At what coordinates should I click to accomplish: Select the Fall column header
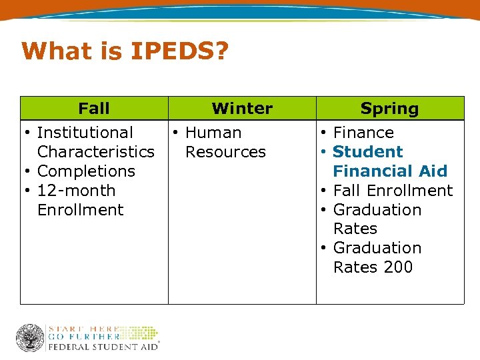[x=94, y=108]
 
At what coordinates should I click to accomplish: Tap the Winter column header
[x=242, y=108]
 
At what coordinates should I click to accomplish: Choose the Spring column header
[x=389, y=108]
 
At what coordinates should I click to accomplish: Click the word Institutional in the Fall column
[x=85, y=133]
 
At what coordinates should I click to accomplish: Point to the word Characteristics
[x=96, y=152]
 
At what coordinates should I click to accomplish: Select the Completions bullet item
[x=86, y=171]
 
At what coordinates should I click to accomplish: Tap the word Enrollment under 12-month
[x=81, y=210]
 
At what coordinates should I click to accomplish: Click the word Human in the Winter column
[x=213, y=133]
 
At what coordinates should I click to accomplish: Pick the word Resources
[x=225, y=152]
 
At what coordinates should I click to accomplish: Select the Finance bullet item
[x=363, y=133]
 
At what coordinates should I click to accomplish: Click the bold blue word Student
[x=368, y=152]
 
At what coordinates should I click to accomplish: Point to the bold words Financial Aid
[x=390, y=171]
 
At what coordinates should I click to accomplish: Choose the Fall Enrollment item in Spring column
[x=393, y=191]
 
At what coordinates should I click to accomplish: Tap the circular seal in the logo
[x=30, y=338]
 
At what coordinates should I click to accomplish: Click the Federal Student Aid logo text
[x=103, y=347]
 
